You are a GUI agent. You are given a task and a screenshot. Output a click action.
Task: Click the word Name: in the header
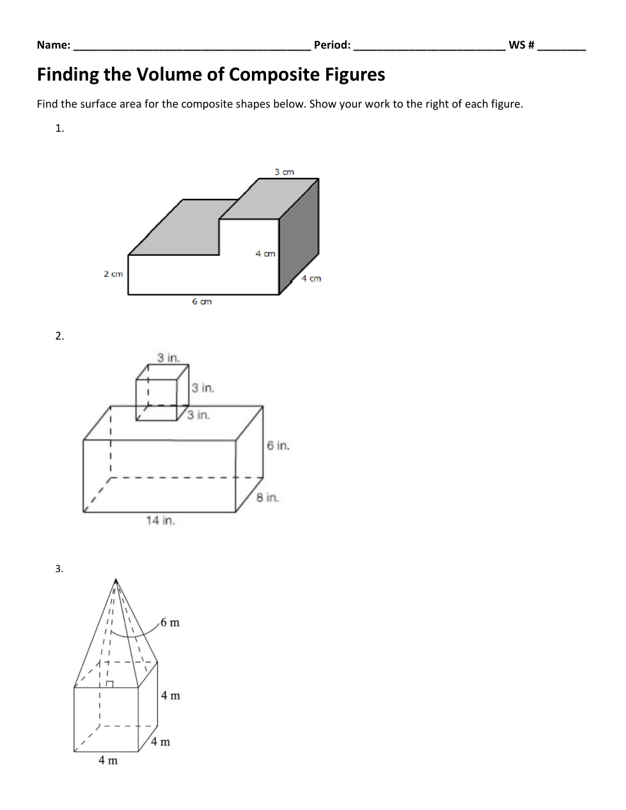click(x=53, y=45)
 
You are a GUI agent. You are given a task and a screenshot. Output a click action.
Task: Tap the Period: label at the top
click(x=332, y=45)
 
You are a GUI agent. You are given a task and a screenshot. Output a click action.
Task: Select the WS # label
click(x=521, y=45)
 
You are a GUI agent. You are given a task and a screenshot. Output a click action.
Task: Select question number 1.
click(x=59, y=129)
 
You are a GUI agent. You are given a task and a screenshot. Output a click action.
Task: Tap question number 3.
click(x=59, y=569)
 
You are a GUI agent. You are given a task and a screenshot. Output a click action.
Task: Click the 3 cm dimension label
click(x=285, y=172)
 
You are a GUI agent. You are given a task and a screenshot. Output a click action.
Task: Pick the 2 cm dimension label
click(x=113, y=274)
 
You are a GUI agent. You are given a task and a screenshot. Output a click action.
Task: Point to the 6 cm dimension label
click(x=201, y=301)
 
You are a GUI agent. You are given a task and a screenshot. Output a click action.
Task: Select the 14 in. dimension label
click(x=160, y=521)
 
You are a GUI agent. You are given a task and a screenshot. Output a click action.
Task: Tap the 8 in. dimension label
click(x=268, y=498)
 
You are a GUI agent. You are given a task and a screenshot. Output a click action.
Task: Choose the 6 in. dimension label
click(x=278, y=445)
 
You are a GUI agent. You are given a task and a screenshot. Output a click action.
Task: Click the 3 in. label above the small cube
click(x=169, y=358)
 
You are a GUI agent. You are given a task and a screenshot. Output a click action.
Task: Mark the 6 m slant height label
click(x=170, y=623)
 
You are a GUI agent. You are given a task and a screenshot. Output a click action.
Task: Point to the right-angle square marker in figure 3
click(x=109, y=684)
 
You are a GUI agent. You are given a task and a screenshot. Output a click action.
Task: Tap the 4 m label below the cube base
click(x=107, y=761)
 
